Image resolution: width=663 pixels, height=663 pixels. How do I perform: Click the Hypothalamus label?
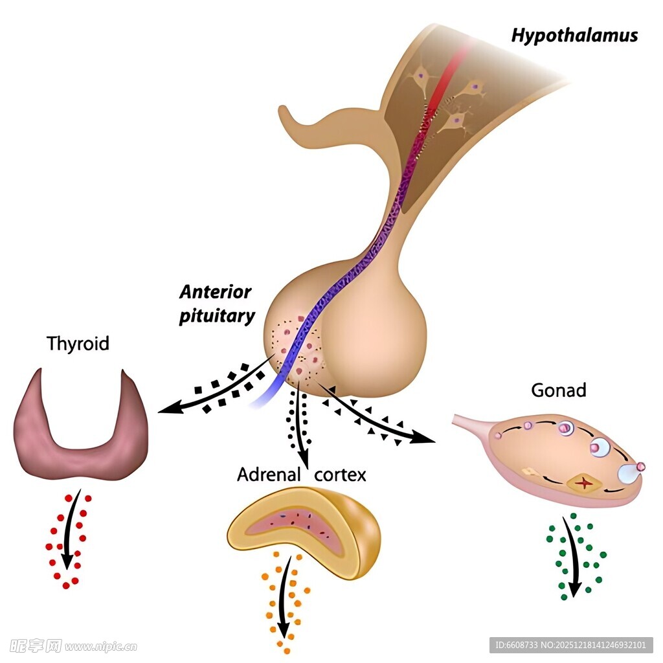pos(574,35)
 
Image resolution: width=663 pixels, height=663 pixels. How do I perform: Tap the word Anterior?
pos(215,292)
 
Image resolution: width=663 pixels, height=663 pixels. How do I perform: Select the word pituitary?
pos(217,317)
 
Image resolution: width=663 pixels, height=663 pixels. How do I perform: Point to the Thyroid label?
pos(78,343)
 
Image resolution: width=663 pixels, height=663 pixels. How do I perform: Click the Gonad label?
pos(558,390)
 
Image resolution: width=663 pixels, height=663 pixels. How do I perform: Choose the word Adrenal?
pos(269,475)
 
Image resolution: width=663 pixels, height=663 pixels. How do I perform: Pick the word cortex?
pos(340,475)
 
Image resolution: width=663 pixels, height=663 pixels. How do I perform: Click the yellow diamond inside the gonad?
pos(585,482)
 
